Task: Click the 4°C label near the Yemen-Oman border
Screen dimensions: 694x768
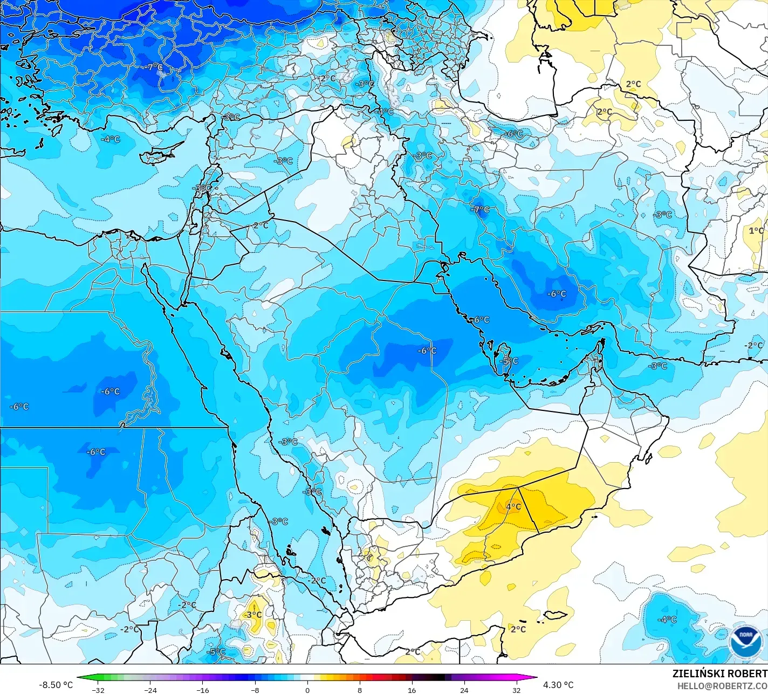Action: pos(513,507)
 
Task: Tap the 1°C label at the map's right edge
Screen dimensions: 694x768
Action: pos(756,231)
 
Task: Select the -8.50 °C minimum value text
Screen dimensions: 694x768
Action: pos(56,685)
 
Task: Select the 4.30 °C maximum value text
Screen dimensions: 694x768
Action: pos(558,685)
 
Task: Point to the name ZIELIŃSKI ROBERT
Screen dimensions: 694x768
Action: pos(719,674)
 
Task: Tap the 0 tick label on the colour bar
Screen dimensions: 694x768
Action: pos(307,690)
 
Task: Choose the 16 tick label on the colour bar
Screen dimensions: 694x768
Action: pos(412,690)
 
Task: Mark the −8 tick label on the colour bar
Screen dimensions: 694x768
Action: pos(255,690)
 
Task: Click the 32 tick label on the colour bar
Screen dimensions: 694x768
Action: pos(517,690)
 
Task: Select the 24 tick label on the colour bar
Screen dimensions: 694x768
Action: pos(464,690)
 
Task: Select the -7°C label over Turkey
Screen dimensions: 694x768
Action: pos(154,67)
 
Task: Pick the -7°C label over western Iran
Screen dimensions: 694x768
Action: pos(481,210)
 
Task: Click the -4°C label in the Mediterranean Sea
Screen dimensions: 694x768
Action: pos(111,139)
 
